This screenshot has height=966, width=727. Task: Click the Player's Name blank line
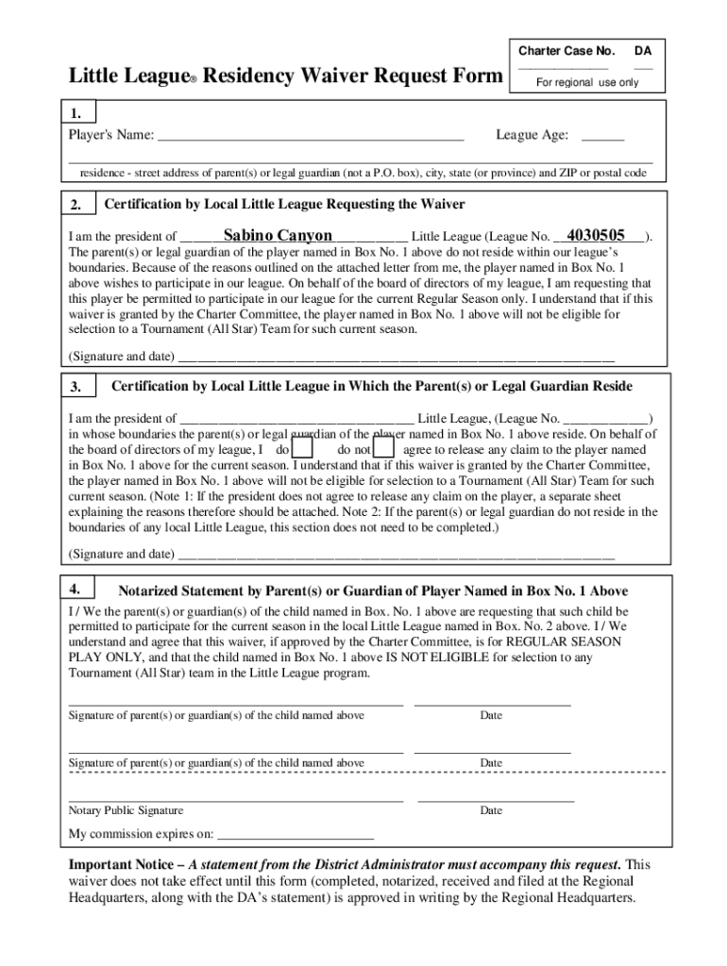click(311, 136)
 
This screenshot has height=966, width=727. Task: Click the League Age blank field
click(602, 136)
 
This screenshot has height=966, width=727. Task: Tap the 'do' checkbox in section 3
click(302, 449)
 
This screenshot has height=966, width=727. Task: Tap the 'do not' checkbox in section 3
click(384, 449)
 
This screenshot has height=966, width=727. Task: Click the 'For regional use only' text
click(587, 82)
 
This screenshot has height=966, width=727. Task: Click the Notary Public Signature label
click(126, 810)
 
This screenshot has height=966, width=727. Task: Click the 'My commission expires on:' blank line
click(296, 835)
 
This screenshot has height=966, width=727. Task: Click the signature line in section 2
click(396, 358)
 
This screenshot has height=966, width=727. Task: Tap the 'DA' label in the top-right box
click(642, 50)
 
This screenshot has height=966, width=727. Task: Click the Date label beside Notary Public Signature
click(491, 810)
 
